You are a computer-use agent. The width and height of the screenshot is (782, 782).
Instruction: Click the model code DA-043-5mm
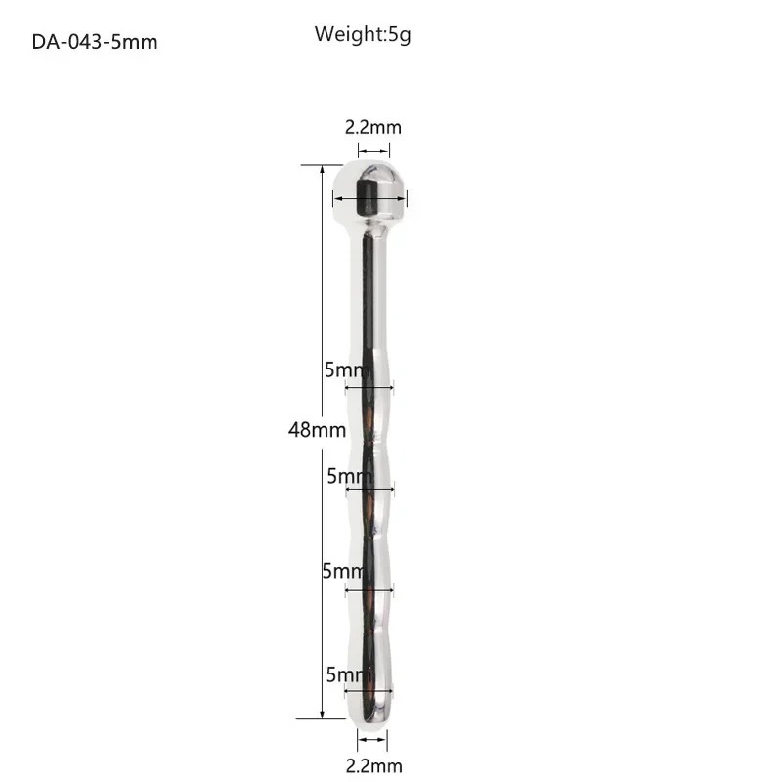pos(95,42)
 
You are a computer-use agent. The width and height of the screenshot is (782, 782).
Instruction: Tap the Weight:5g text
pos(363,35)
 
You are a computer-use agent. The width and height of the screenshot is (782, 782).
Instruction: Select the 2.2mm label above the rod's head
pos(373,128)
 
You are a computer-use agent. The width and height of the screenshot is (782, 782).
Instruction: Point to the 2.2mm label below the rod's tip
pos(374,765)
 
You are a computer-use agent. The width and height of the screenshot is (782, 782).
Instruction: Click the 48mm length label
pos(317,430)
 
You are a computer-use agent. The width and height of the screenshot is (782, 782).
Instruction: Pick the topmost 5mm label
pos(347,369)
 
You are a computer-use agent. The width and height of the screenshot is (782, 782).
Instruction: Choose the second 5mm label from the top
pos(350,476)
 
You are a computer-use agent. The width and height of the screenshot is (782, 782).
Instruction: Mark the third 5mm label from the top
pos(344,571)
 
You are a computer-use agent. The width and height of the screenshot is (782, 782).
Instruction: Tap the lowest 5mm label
pos(349,674)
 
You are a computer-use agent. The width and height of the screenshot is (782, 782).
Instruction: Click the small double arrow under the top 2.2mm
pos(373,151)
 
